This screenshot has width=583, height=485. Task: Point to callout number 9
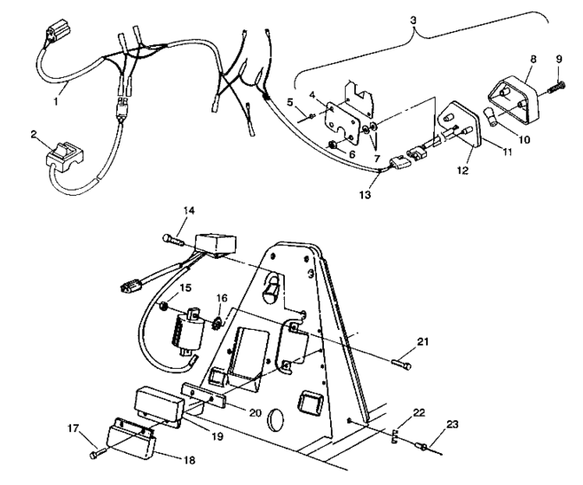558,59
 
